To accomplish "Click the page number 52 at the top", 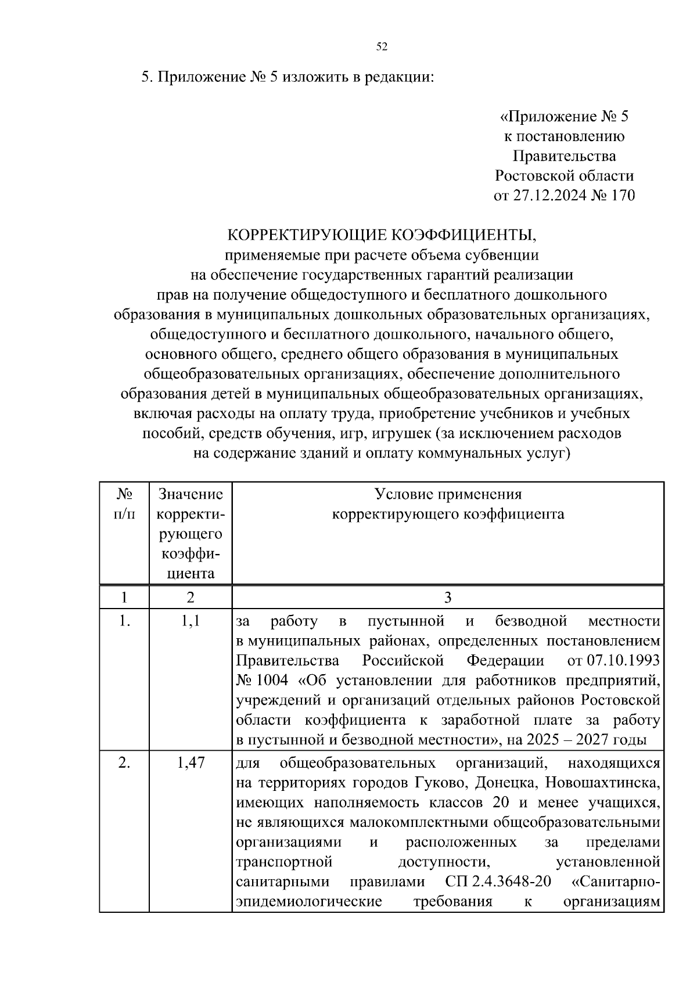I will tap(382, 47).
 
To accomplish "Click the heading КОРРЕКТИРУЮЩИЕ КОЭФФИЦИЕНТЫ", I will tap(382, 235).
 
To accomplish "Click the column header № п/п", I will tap(124, 504).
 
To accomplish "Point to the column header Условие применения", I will tap(448, 495).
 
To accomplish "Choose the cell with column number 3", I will tap(448, 598).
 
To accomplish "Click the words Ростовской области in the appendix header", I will tap(564, 176).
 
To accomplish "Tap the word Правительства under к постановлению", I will tap(564, 156).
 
